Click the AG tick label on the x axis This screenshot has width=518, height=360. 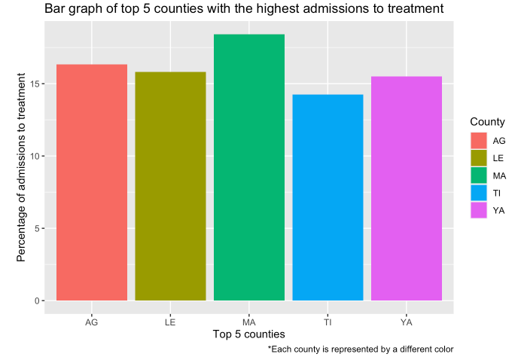(x=92, y=322)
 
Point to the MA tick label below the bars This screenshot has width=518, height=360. (x=249, y=322)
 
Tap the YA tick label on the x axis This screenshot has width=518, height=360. (x=407, y=322)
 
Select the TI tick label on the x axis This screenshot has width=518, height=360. (x=328, y=322)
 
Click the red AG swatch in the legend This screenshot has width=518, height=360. (x=479, y=140)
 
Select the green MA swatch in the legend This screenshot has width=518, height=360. (x=479, y=175)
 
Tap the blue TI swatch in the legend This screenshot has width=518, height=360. (x=479, y=193)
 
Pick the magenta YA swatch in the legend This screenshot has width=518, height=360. (x=479, y=210)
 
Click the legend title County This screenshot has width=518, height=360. (x=487, y=122)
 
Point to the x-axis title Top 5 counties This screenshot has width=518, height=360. (x=248, y=334)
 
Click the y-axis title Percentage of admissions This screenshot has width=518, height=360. (x=22, y=167)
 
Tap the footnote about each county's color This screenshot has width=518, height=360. (x=361, y=349)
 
